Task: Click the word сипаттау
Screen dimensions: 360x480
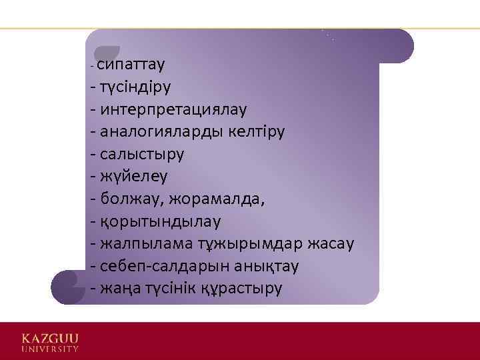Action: tap(132, 65)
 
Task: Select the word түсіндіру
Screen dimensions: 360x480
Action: tap(136, 87)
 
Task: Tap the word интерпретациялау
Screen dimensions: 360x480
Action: tap(173, 109)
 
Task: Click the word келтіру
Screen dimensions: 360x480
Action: tap(257, 131)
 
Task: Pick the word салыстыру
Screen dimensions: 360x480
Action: tap(141, 153)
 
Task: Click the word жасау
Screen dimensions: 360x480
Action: tap(331, 243)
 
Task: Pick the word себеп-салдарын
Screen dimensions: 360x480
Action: tap(161, 266)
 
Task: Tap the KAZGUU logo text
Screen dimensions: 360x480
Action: tap(50, 337)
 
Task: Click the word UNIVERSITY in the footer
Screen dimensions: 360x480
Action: tap(50, 348)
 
